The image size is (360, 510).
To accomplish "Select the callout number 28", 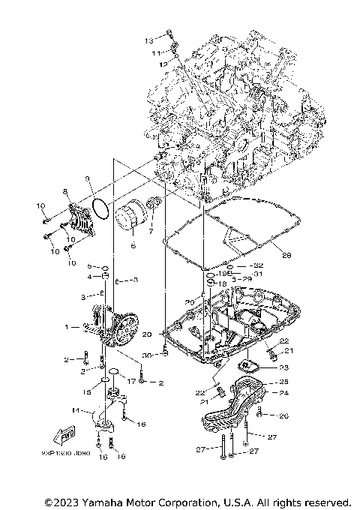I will [286, 255].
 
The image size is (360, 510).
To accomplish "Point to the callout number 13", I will [148, 39].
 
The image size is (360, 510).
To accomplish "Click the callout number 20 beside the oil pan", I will [147, 334].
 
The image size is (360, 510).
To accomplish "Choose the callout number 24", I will [284, 392].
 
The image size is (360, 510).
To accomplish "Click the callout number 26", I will [284, 415].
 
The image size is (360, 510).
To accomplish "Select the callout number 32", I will [259, 265].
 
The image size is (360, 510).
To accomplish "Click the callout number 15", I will [87, 391].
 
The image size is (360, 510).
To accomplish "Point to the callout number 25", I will [284, 382].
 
